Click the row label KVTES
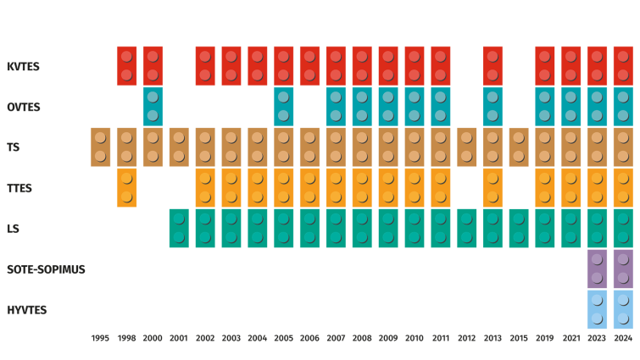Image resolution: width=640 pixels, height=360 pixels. pyautogui.click(x=23, y=66)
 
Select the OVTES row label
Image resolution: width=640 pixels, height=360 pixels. pyautogui.click(x=24, y=107)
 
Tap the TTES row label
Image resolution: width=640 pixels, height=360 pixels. pyautogui.click(x=19, y=188)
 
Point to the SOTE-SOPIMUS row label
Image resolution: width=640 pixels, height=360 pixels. pyautogui.click(x=46, y=269)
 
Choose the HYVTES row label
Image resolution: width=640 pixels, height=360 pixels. pyautogui.click(x=26, y=310)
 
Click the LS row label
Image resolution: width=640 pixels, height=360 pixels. pyautogui.click(x=13, y=229)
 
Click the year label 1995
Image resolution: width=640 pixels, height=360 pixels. pyautogui.click(x=101, y=338)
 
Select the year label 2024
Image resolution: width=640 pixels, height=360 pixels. pyautogui.click(x=623, y=338)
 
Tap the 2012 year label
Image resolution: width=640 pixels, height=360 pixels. pyautogui.click(x=466, y=338)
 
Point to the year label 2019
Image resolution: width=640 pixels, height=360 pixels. pyautogui.click(x=545, y=338)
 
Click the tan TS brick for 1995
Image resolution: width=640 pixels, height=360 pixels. pyautogui.click(x=101, y=147)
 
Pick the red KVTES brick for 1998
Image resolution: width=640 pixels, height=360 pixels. pyautogui.click(x=127, y=66)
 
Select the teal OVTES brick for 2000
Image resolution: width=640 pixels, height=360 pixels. pyautogui.click(x=153, y=107)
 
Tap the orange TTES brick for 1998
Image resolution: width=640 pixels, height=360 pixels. pyautogui.click(x=127, y=187)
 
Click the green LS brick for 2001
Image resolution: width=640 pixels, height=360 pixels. pyautogui.click(x=179, y=228)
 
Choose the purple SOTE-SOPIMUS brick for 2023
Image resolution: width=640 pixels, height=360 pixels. pyautogui.click(x=597, y=269)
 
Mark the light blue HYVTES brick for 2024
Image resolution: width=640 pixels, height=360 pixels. pyautogui.click(x=623, y=309)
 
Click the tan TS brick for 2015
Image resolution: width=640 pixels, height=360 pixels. pyautogui.click(x=519, y=147)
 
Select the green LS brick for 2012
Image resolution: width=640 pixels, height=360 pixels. pyautogui.click(x=466, y=228)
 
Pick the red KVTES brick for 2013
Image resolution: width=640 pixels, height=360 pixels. pyautogui.click(x=493, y=66)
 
